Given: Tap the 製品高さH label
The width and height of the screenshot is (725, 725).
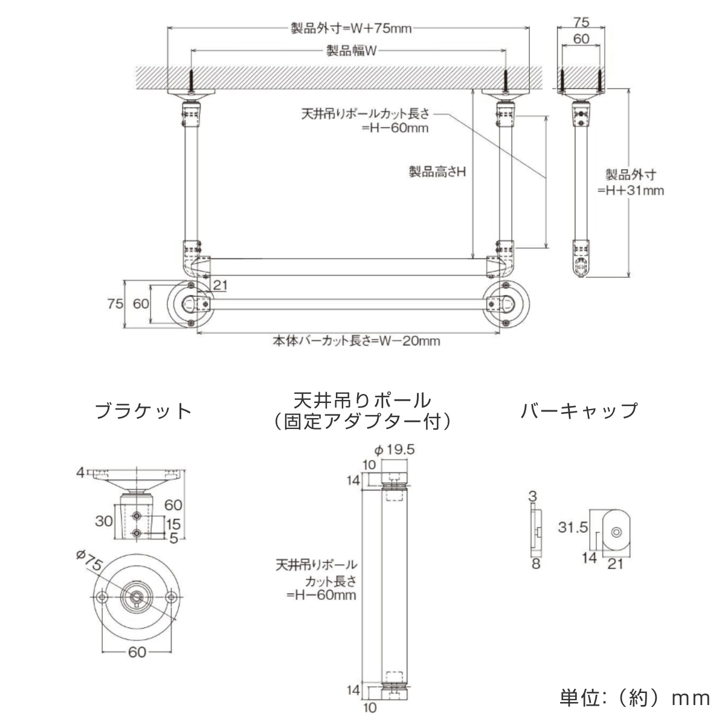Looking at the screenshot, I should pyautogui.click(x=437, y=172).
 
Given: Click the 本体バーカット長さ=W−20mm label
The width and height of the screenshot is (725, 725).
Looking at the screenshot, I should pyautogui.click(x=355, y=341).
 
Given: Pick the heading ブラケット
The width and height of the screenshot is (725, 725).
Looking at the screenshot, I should pyautogui.click(x=144, y=411).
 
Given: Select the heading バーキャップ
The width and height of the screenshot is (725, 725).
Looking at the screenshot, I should pyautogui.click(x=579, y=411).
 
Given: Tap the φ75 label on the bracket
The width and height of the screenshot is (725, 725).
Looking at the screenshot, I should pyautogui.click(x=89, y=561).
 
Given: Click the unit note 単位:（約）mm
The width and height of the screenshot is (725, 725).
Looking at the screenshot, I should pyautogui.click(x=634, y=698).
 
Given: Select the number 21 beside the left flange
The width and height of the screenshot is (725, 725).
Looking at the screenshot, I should pyautogui.click(x=220, y=285).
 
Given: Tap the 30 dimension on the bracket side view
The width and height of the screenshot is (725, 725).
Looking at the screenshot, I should pyautogui.click(x=104, y=520).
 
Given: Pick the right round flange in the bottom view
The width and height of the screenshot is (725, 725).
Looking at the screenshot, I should pyautogui.click(x=507, y=303).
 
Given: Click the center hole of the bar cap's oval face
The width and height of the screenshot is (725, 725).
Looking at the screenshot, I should pyautogui.click(x=616, y=532).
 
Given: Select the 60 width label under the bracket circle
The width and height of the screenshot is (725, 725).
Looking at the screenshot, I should pyautogui.click(x=137, y=652).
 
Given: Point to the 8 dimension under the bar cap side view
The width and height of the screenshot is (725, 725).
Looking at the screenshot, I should pyautogui.click(x=535, y=564).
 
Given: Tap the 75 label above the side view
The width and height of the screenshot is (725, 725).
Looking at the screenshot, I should pyautogui.click(x=581, y=22).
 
